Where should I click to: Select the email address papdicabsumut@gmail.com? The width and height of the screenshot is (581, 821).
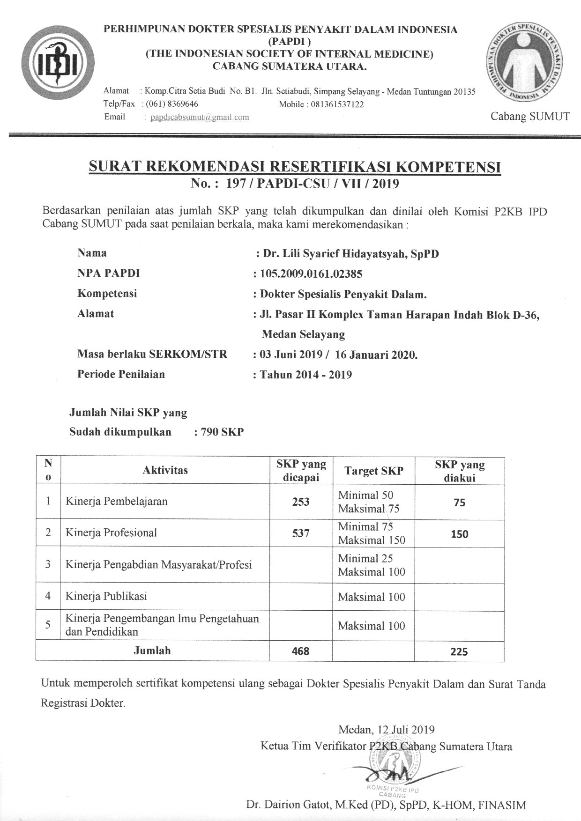pyautogui.click(x=199, y=117)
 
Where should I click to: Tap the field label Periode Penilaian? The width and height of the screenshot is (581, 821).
pyautogui.click(x=121, y=374)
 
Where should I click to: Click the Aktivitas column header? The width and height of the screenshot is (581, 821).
pyautogui.click(x=165, y=470)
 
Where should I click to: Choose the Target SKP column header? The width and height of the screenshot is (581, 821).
pyautogui.click(x=373, y=471)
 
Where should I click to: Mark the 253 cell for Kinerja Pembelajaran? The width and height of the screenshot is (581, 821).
pyautogui.click(x=301, y=502)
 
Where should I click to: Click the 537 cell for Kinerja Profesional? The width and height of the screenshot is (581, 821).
pyautogui.click(x=301, y=533)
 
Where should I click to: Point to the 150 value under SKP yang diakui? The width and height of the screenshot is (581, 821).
pyautogui.click(x=459, y=534)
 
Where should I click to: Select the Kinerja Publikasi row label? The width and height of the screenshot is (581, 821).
pyautogui.click(x=106, y=596)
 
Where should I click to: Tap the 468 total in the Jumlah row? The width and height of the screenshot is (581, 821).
pyautogui.click(x=301, y=651)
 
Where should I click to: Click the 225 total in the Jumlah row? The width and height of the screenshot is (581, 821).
pyautogui.click(x=459, y=651)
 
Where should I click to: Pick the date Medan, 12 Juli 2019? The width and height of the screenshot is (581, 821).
pyautogui.click(x=386, y=730)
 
